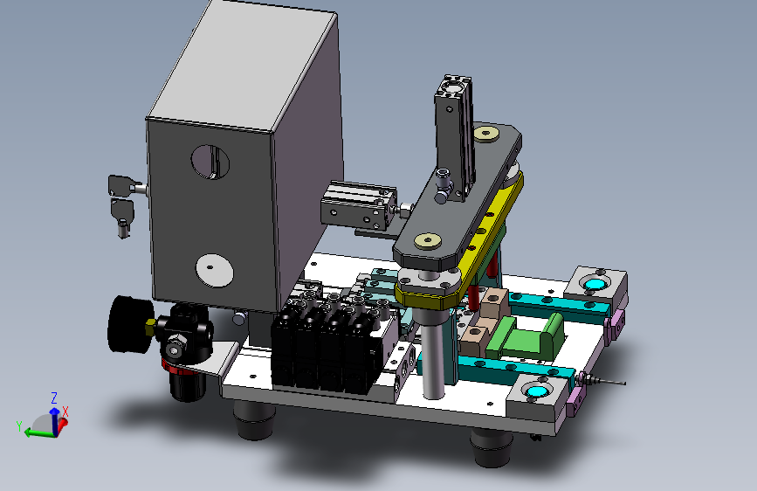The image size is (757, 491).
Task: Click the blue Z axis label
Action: pos(54,398)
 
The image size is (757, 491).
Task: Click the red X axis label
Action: pos(65,411)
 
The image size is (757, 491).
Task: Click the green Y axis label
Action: pos(19,426)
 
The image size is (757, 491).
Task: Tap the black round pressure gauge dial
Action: pos(126,324)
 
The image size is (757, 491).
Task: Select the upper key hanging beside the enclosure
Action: pos(120,186)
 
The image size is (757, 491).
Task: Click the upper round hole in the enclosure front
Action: pos(210,162)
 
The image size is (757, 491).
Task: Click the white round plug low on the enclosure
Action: pos(215,271)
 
